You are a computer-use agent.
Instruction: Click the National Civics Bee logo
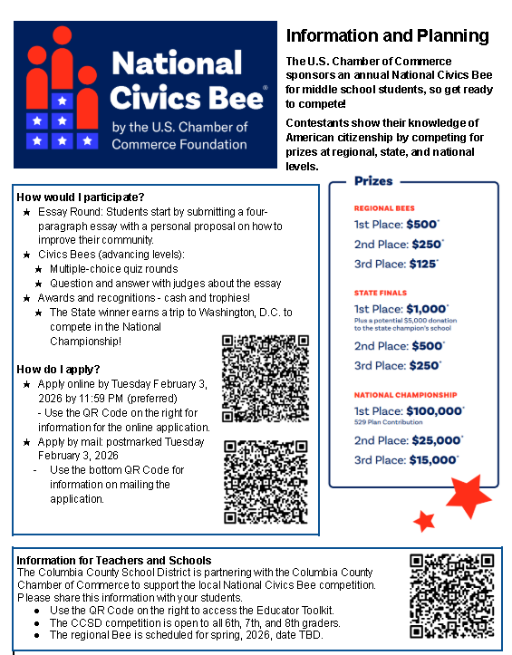tap(145, 94)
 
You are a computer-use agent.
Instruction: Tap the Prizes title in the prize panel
tap(373, 181)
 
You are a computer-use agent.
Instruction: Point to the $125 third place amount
tap(423, 264)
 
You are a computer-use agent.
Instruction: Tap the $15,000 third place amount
tap(432, 460)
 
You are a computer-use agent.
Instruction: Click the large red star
tap(469, 495)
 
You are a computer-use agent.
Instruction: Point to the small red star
tap(423, 521)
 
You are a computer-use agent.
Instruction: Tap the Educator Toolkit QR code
tap(451, 594)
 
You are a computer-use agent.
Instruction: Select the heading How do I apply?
tap(58, 369)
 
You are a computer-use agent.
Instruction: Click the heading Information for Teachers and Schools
tap(113, 560)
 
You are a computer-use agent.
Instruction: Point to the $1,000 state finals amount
tap(428, 308)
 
